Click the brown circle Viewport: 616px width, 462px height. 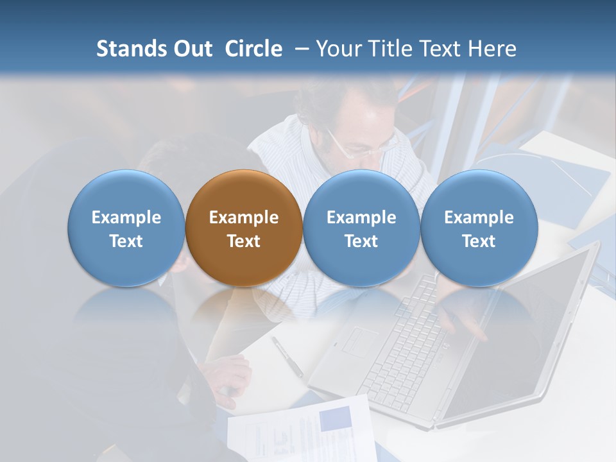(x=244, y=228)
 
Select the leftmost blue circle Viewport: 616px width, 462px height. (x=126, y=228)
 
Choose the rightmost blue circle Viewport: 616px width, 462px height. (x=479, y=228)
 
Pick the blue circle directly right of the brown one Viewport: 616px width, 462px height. (x=361, y=228)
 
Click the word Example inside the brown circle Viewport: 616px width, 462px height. (x=244, y=218)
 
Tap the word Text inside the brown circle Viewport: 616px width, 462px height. (x=244, y=241)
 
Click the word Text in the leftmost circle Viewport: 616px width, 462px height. (x=126, y=241)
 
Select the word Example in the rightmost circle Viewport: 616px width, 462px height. (x=479, y=218)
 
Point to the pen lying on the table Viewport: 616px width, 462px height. (x=287, y=356)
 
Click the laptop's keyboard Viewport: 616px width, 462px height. (x=411, y=334)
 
